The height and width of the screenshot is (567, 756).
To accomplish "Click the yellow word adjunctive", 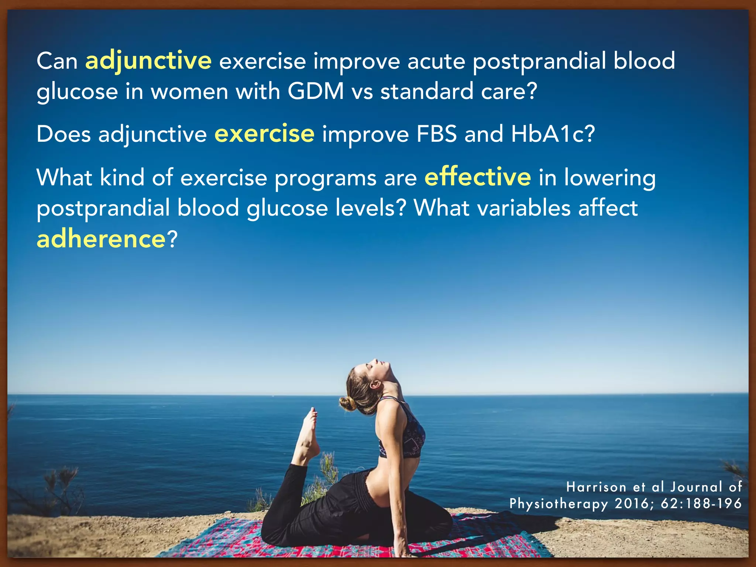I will point(148,61).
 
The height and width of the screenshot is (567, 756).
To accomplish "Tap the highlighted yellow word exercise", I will point(264,134).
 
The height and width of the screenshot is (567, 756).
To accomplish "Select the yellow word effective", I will point(478,177).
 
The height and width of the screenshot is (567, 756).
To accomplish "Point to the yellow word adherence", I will point(101,239).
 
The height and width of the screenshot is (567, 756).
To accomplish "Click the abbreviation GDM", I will point(316,91).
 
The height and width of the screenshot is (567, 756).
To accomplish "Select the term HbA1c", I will point(553,134).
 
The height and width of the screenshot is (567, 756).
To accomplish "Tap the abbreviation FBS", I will point(437,134).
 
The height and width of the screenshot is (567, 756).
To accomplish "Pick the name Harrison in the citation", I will point(596,487).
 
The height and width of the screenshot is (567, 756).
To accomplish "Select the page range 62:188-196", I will point(701,504).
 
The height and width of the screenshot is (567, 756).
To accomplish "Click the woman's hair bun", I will point(347,404).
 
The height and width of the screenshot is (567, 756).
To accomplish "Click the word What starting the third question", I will point(64,178).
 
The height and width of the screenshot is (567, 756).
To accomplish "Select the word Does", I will point(63,134).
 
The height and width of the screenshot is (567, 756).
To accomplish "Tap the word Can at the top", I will point(57,61).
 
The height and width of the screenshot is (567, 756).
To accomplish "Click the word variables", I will point(524,208).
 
